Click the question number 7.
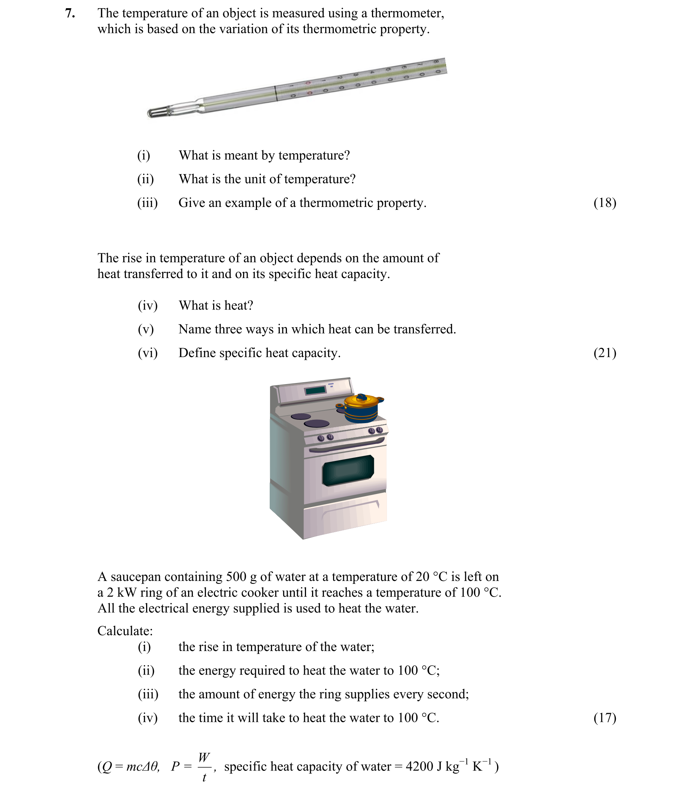tap(70, 14)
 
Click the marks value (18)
tap(605, 203)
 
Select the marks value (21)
tap(605, 353)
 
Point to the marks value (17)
tap(605, 718)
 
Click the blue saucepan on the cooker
tap(361, 410)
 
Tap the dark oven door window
tap(348, 470)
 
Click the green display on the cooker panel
tap(315, 390)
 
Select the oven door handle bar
tap(346, 445)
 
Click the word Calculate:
tap(125, 631)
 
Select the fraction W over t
tap(204, 766)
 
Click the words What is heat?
tap(216, 305)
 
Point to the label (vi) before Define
tap(148, 353)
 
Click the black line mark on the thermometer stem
tap(276, 94)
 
